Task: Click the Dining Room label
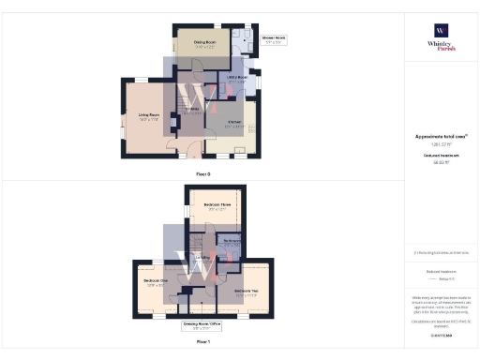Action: click(x=204, y=43)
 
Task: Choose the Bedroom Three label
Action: click(x=217, y=204)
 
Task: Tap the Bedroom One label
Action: click(x=156, y=280)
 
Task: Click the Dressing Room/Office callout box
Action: click(x=202, y=325)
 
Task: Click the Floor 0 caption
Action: click(x=202, y=174)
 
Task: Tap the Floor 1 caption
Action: click(x=202, y=342)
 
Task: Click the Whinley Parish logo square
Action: click(x=441, y=30)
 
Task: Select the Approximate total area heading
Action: click(x=440, y=136)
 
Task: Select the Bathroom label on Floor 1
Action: click(x=232, y=241)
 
